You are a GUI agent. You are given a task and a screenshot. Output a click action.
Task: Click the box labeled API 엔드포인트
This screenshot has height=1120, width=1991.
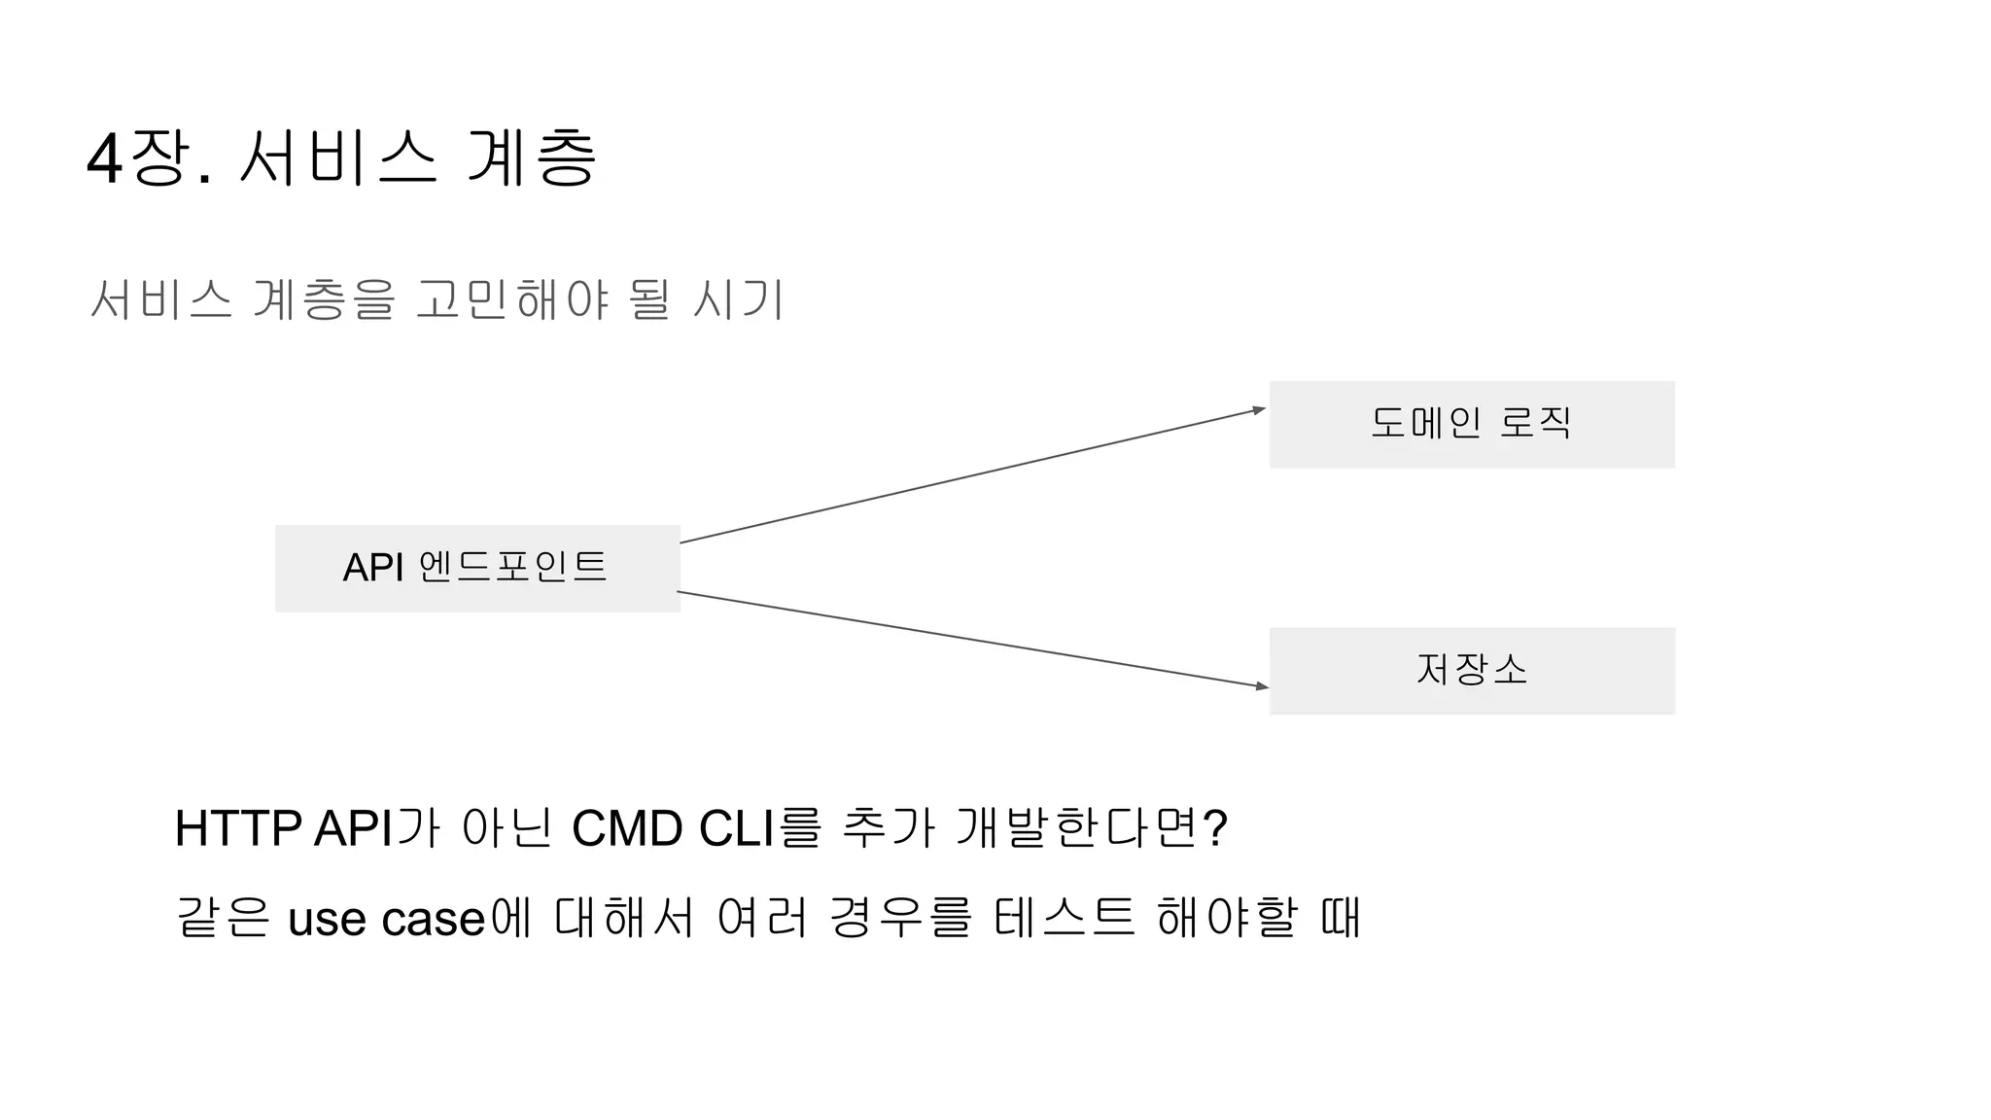477,568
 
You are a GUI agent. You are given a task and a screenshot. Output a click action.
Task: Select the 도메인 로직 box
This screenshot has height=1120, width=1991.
1471,424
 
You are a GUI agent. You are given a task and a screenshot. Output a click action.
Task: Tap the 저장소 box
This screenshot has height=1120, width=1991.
1471,670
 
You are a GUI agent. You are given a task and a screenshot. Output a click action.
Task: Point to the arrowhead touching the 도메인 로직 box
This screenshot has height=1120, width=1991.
1259,410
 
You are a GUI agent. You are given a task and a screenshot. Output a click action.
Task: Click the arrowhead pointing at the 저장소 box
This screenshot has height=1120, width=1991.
1262,686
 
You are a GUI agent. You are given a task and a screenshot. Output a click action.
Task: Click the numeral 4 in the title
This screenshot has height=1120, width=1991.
104,159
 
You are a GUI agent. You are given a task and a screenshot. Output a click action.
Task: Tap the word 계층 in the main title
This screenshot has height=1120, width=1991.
531,157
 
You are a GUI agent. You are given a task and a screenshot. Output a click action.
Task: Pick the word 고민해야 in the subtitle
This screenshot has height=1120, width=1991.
512,299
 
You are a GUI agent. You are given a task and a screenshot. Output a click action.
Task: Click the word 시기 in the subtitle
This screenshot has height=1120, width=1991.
738,299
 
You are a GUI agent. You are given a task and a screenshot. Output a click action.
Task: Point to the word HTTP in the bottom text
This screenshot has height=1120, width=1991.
237,829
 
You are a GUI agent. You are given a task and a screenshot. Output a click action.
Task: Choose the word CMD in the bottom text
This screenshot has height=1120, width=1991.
627,829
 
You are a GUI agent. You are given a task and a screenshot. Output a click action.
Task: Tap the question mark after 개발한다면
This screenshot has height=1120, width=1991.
1215,829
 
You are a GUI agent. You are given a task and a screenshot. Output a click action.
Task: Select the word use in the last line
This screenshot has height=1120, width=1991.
329,920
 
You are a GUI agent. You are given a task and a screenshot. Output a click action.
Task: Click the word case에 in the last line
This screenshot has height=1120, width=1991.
457,920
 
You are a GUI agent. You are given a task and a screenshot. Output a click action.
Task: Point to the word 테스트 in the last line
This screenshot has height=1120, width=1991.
1065,918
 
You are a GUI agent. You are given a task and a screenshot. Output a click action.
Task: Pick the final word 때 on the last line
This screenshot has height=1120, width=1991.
1341,918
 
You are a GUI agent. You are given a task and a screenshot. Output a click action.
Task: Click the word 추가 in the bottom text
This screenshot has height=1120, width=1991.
888,829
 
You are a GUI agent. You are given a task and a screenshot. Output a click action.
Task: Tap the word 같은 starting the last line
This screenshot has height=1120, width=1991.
223,918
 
